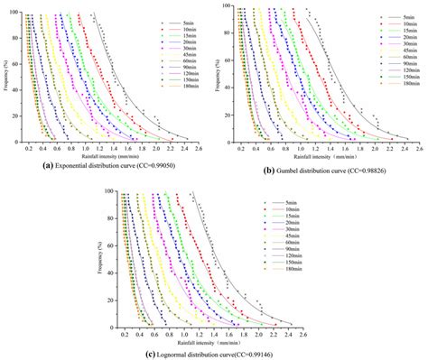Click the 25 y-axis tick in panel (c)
111,291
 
